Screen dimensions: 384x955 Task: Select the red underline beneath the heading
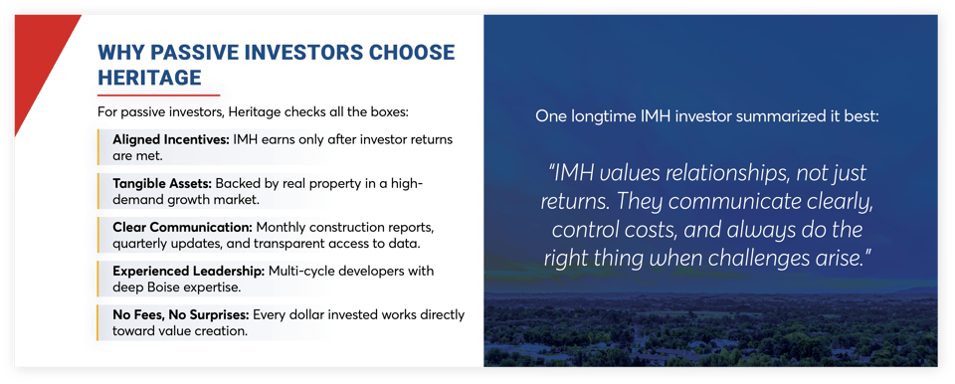[158, 95]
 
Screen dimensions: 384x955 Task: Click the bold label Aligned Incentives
[170, 139]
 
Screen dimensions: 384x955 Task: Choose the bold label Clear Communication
[181, 228]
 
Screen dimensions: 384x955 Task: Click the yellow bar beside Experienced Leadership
[100, 279]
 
